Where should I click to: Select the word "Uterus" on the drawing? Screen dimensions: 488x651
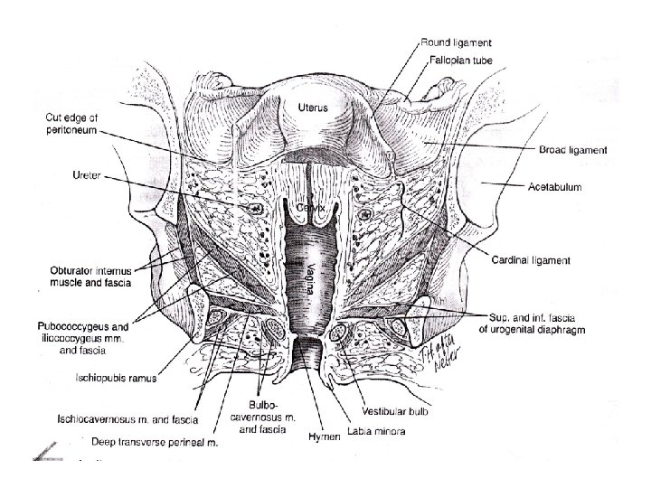coord(313,108)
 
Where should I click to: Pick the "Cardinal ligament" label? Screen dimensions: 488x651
coord(531,261)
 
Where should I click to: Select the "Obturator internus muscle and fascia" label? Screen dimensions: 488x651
coord(85,277)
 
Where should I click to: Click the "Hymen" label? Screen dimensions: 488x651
coord(324,437)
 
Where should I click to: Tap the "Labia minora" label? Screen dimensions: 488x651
coord(376,432)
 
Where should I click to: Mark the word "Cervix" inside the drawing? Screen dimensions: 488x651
coord(312,208)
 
